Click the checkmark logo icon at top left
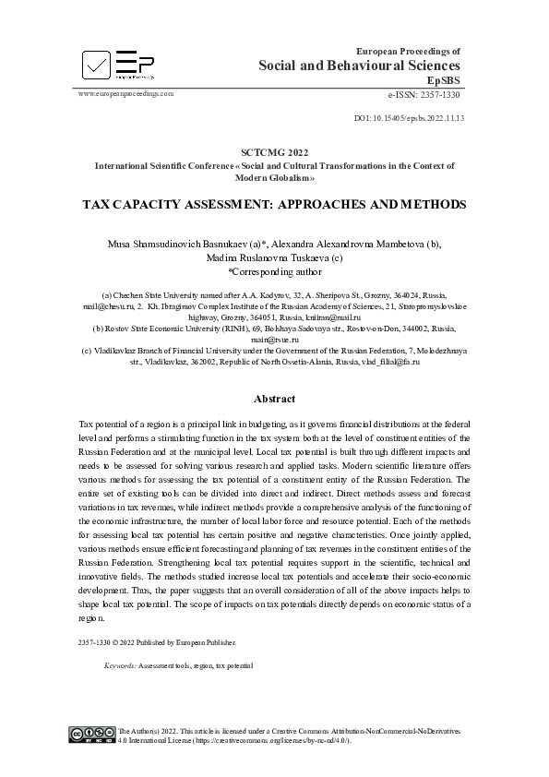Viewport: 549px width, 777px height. click(x=96, y=63)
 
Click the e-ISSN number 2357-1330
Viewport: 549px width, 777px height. click(x=439, y=95)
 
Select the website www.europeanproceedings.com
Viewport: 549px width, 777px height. click(x=125, y=93)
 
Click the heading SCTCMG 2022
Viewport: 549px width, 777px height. click(x=274, y=151)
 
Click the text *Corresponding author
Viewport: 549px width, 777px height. click(x=274, y=272)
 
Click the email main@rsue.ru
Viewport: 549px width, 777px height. click(x=274, y=339)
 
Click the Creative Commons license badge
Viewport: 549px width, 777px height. click(x=92, y=734)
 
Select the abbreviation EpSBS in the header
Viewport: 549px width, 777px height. click(x=444, y=80)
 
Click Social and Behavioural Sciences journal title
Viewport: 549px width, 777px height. click(x=359, y=66)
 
